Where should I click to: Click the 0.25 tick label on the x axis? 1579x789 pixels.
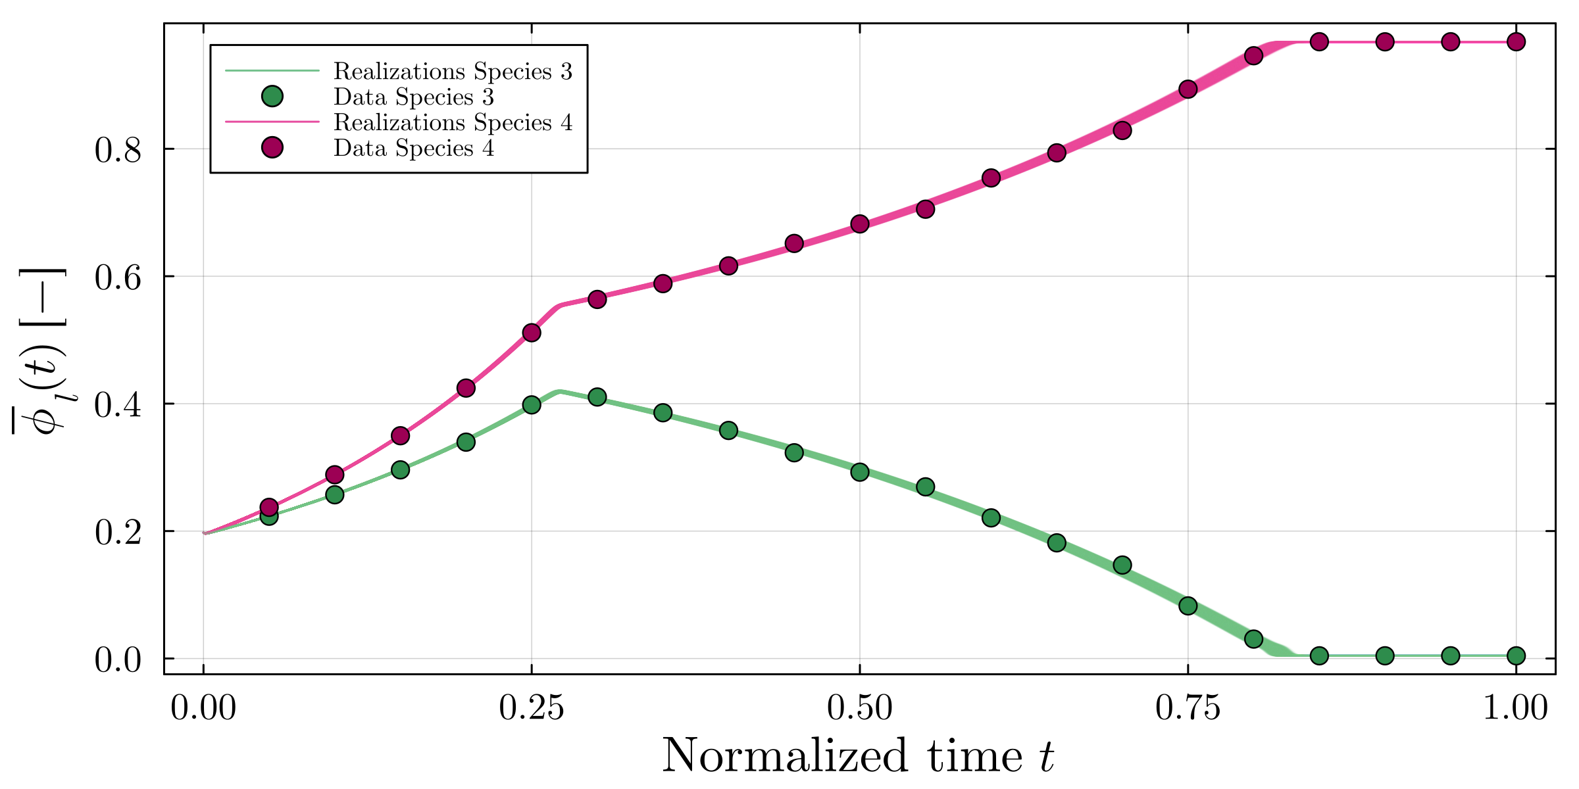(x=531, y=709)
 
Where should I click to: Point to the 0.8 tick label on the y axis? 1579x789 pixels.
(x=118, y=151)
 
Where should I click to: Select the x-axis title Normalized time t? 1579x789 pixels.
(x=858, y=756)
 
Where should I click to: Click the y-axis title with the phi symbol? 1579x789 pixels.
(x=41, y=352)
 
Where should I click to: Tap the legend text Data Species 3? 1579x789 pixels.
(x=413, y=97)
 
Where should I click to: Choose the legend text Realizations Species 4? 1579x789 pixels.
(x=453, y=123)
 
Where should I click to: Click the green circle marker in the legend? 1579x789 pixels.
(x=272, y=97)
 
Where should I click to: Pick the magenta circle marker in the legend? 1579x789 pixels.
(x=272, y=148)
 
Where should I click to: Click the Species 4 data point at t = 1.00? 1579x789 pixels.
(x=1516, y=42)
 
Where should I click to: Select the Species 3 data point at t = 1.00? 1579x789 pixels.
(x=1516, y=656)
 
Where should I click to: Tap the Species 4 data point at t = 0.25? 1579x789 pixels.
(x=532, y=333)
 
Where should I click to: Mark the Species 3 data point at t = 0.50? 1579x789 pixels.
(x=860, y=472)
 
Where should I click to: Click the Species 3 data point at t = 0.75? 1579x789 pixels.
(x=1188, y=606)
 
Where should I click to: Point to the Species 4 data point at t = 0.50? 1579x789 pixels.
(x=860, y=224)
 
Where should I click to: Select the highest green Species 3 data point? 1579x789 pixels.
(x=597, y=397)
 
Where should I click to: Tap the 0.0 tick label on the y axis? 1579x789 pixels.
(x=118, y=660)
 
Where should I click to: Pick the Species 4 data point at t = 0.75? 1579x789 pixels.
(x=1188, y=89)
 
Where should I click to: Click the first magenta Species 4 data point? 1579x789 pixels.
(x=269, y=507)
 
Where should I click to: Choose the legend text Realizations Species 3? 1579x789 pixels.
(x=453, y=71)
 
